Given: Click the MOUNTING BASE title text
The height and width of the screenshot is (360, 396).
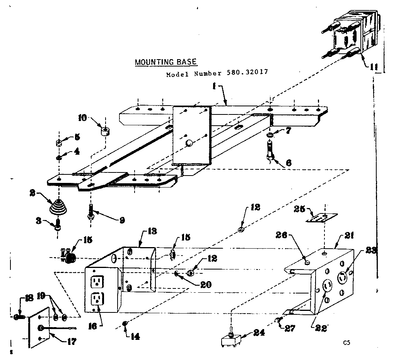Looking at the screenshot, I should (166, 62).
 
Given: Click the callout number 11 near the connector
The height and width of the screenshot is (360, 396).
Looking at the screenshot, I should (373, 67).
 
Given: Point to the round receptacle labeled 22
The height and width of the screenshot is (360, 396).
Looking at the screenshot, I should (327, 287).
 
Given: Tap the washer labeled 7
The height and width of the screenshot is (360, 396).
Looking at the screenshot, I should (270, 135).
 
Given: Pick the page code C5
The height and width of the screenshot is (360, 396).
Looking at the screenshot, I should (346, 342).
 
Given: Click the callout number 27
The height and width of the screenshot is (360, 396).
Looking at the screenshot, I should (290, 328).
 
